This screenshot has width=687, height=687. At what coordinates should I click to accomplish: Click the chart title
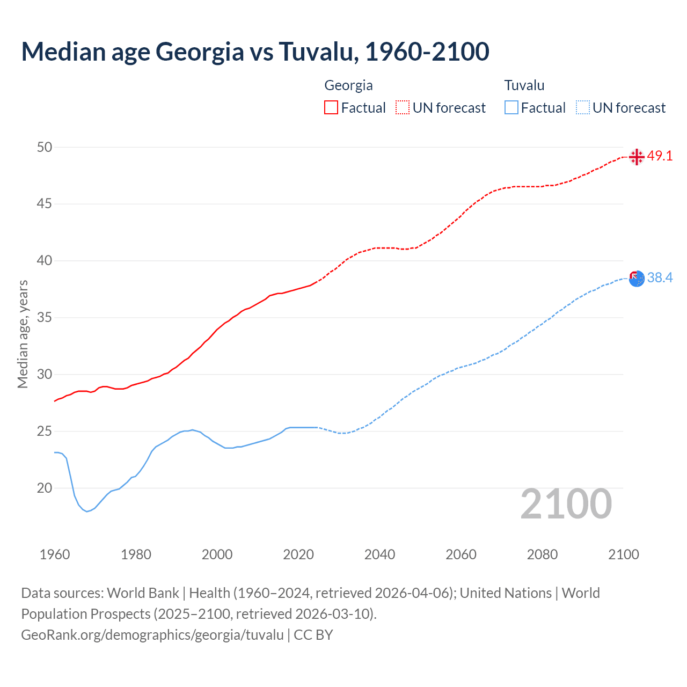point(255,52)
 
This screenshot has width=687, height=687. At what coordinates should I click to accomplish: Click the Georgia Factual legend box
point(331,107)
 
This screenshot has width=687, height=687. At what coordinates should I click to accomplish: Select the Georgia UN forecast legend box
point(403,107)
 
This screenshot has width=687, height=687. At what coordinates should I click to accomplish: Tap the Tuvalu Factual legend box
point(511,107)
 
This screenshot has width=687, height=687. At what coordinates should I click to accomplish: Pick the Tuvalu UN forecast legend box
point(583,107)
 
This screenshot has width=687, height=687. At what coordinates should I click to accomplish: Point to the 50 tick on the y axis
point(45,147)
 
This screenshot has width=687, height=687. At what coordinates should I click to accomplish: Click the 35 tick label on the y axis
point(45,318)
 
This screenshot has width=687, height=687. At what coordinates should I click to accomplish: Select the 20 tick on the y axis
point(45,488)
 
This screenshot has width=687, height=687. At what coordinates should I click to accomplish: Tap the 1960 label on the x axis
point(55,554)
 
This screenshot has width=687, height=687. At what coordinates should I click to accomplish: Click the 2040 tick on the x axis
point(379,554)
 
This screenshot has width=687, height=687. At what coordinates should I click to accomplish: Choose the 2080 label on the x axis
point(542,554)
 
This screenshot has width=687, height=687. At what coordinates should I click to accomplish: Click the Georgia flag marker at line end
point(637,157)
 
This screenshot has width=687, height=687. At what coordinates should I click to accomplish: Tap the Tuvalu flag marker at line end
point(637,279)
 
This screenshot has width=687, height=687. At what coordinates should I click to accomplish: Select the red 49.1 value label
point(660,156)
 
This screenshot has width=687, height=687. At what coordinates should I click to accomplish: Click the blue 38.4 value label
point(660,277)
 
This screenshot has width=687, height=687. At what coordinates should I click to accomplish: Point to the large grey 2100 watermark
point(566,504)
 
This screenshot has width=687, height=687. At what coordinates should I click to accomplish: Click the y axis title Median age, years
point(23,334)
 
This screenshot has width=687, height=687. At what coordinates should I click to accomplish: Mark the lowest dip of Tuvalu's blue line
point(87,511)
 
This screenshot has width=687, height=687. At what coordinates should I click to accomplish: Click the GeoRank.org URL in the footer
point(152,635)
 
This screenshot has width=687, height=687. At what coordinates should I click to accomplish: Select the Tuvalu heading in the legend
point(524,85)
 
